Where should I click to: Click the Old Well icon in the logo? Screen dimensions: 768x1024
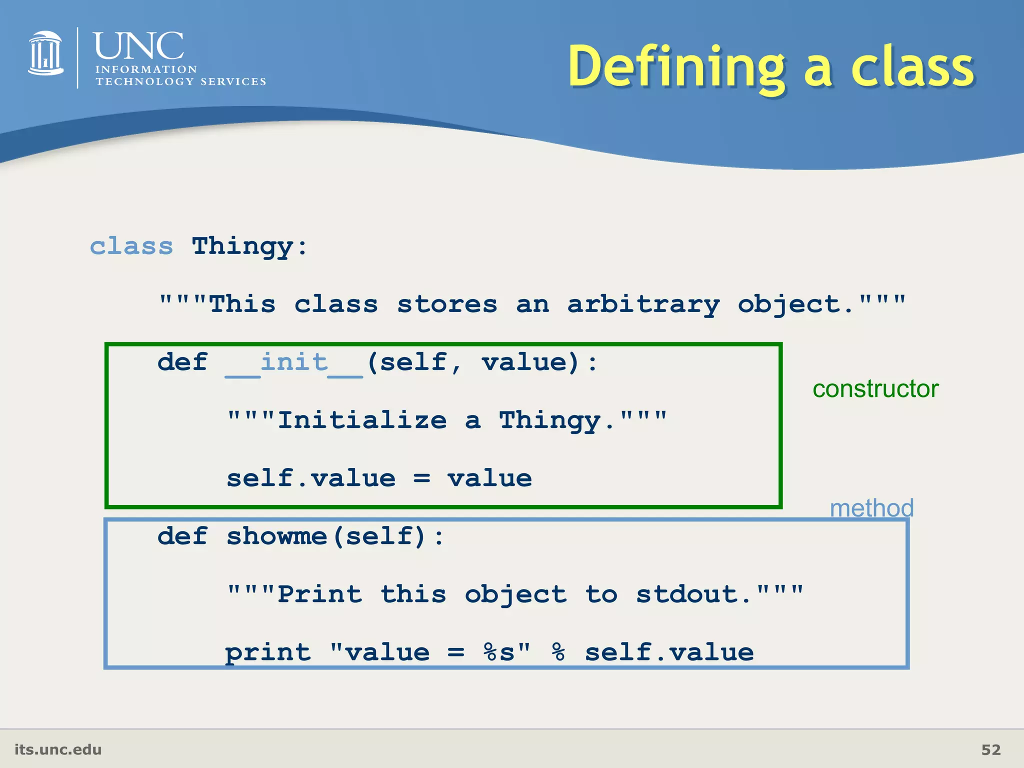point(45,53)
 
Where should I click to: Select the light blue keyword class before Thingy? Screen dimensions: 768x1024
point(131,246)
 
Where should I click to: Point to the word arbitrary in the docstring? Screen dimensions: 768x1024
point(643,305)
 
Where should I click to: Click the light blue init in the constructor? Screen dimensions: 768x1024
point(294,362)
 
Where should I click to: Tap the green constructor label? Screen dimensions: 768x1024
point(875,389)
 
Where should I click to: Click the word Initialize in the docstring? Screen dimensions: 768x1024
point(362,420)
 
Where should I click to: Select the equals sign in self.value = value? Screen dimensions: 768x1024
point(421,479)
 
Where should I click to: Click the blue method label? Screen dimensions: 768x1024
point(871,508)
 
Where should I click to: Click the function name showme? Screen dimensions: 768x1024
point(276,536)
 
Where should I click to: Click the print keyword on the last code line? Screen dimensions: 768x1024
point(268,653)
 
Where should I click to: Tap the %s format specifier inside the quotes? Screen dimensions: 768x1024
point(499,653)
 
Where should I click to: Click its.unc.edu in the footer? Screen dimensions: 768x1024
point(58,749)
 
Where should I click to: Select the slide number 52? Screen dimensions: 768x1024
point(990,749)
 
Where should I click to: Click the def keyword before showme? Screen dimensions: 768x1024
point(182,536)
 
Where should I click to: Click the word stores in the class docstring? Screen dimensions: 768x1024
point(447,305)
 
